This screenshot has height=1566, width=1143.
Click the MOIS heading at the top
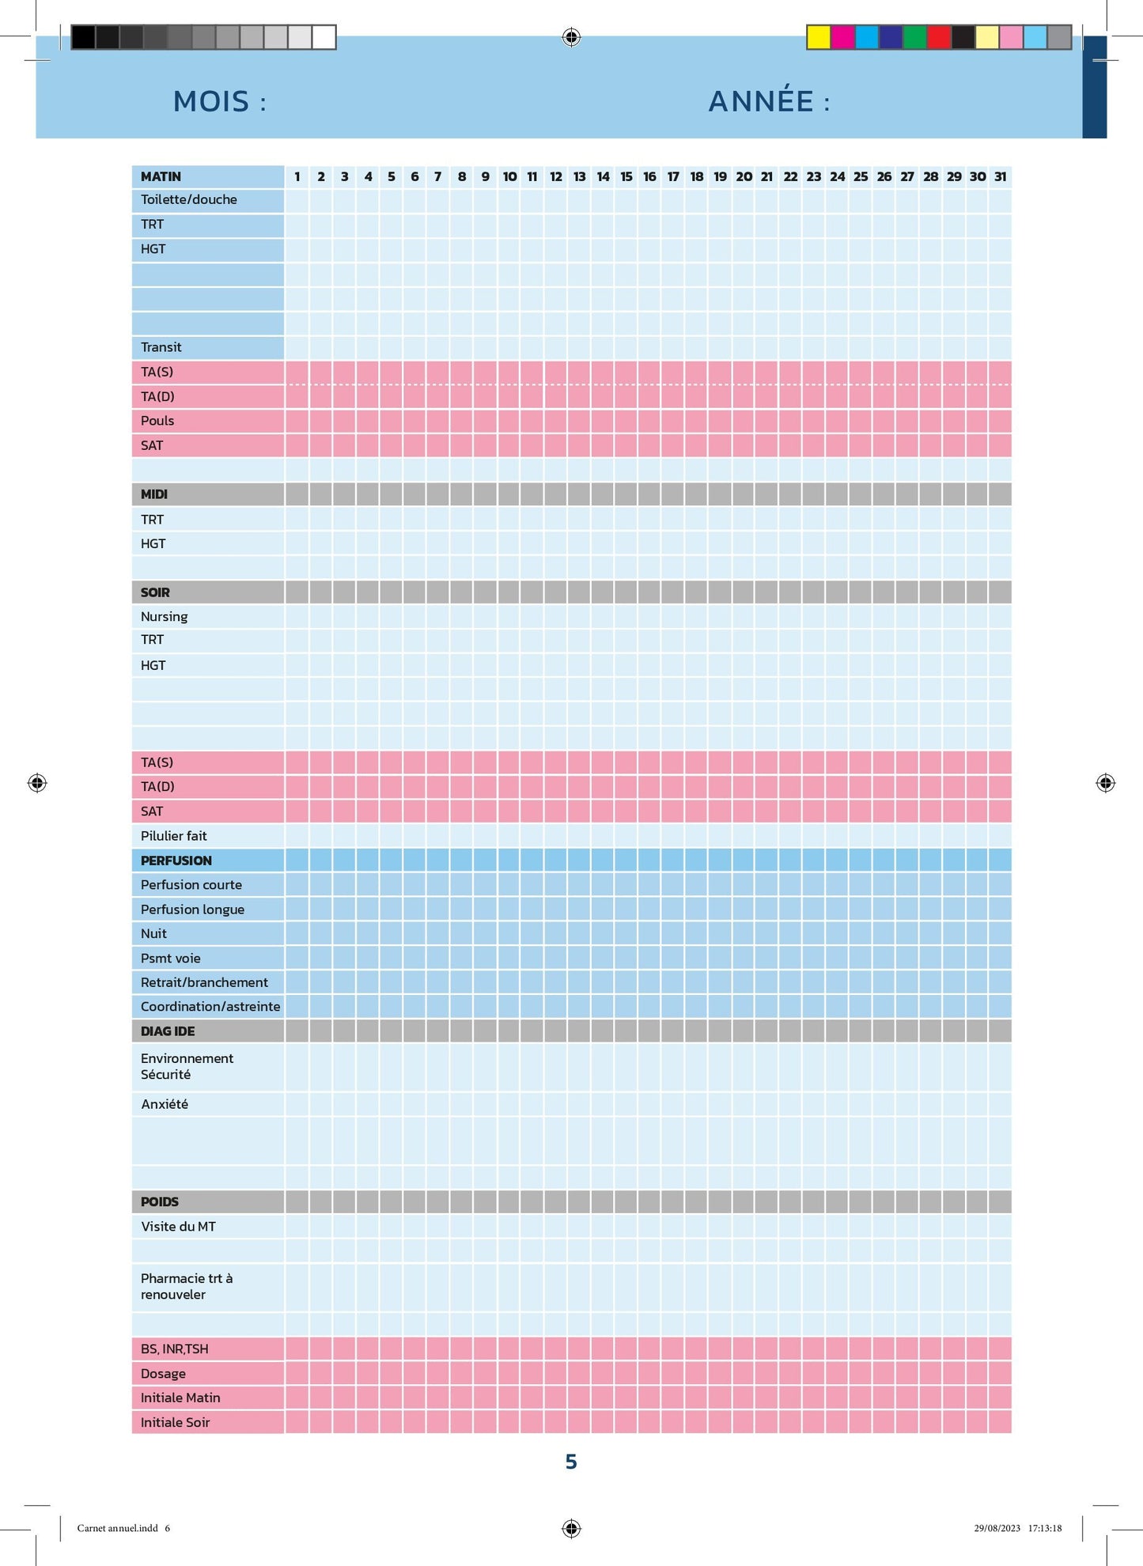tap(219, 101)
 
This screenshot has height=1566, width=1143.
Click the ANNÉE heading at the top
tap(768, 101)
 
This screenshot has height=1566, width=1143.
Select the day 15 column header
tap(626, 176)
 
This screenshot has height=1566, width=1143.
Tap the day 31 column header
tap(1001, 176)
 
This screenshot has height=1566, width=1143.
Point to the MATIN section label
tap(161, 176)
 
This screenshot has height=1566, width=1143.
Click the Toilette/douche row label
tap(189, 199)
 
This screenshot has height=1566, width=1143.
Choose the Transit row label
tap(161, 347)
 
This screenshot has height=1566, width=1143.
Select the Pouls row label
tap(157, 421)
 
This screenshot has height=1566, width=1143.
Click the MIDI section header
tap(154, 494)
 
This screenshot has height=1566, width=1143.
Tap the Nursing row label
tap(165, 616)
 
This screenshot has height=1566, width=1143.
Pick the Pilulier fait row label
tap(174, 836)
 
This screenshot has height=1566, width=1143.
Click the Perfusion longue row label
tap(192, 910)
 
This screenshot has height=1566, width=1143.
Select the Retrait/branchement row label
tap(204, 982)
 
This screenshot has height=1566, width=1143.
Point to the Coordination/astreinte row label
tap(210, 1007)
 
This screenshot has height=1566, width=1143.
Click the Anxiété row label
tap(165, 1104)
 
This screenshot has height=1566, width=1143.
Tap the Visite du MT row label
tap(178, 1227)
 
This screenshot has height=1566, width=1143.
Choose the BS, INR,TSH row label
tap(175, 1349)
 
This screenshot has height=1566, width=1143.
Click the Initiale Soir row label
tap(176, 1423)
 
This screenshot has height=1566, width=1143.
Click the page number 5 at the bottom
tap(571, 1462)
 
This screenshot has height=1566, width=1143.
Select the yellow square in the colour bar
tap(819, 37)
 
